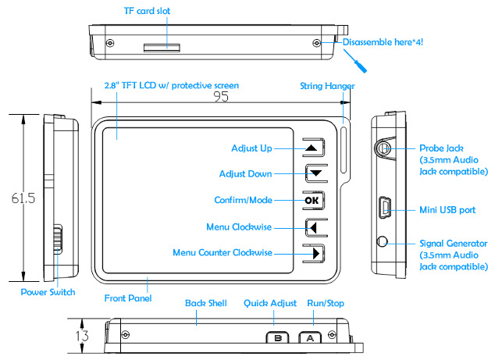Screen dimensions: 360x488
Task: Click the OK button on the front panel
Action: coord(312,201)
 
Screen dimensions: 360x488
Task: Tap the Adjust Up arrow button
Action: coord(312,147)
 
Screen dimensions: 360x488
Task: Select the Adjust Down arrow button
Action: coord(312,173)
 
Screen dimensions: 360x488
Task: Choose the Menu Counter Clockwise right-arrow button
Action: coord(312,254)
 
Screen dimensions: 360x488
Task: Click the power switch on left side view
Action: coord(57,238)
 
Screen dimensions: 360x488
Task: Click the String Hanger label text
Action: coord(328,86)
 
